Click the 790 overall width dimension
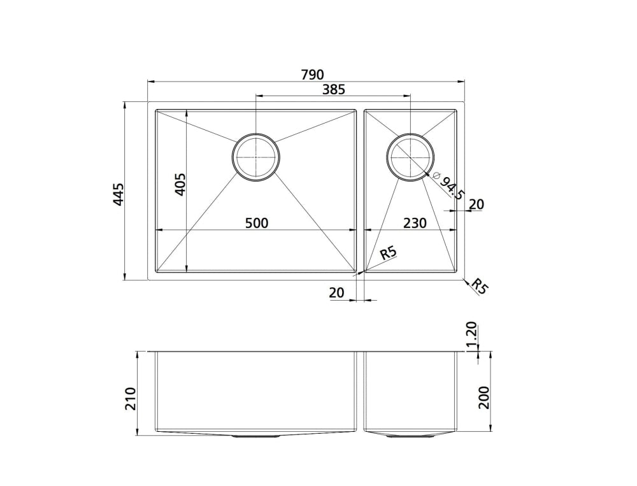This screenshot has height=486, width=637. [312, 74]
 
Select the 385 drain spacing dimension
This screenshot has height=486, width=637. [333, 90]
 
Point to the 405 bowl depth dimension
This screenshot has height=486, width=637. [179, 185]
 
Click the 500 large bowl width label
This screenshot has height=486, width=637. [257, 223]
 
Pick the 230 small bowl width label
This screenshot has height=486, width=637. [415, 223]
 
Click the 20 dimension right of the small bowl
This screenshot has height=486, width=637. [476, 204]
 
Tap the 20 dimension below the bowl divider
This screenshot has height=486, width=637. [336, 292]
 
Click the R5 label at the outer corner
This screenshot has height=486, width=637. [480, 287]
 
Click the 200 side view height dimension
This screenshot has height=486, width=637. [483, 397]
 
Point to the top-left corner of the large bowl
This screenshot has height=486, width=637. [157, 110]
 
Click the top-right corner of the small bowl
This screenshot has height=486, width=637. [456, 110]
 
